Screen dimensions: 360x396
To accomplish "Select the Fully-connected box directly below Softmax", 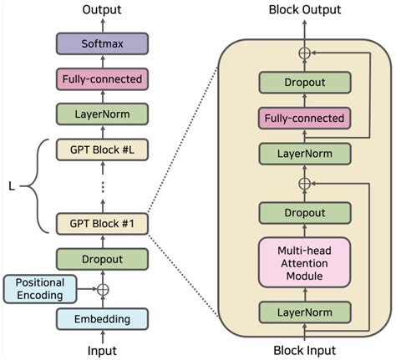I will coord(101,79).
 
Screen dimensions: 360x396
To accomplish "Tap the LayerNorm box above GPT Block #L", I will coord(101,114).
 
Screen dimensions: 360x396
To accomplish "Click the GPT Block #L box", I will coord(101,150).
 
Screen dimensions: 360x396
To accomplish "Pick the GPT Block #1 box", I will coord(101,223).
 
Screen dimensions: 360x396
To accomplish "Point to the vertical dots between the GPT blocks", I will coord(101,187).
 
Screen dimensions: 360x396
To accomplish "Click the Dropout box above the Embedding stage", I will coord(101,259).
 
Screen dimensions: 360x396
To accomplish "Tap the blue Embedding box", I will coord(101,318).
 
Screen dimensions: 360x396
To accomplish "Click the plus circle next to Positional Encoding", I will coord(102,290).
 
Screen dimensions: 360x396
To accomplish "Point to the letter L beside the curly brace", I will coord(12,185).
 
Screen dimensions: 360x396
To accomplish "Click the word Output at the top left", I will coord(101,10).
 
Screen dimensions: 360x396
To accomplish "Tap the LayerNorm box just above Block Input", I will coord(302,312).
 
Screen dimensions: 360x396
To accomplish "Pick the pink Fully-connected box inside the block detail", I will coord(302,118).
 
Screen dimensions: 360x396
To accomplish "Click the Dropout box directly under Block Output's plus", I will coord(302,82).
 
